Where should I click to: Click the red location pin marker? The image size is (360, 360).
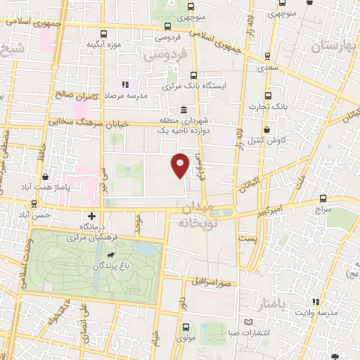(x=181, y=165)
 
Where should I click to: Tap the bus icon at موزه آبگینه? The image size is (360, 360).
(x=105, y=34)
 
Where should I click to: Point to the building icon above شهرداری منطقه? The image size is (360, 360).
(x=183, y=111)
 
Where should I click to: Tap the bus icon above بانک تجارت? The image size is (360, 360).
(x=268, y=96)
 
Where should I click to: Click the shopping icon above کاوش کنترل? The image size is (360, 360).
(x=268, y=130)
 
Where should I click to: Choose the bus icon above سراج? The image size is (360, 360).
(x=323, y=199)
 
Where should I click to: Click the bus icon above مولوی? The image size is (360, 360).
(x=186, y=327)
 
